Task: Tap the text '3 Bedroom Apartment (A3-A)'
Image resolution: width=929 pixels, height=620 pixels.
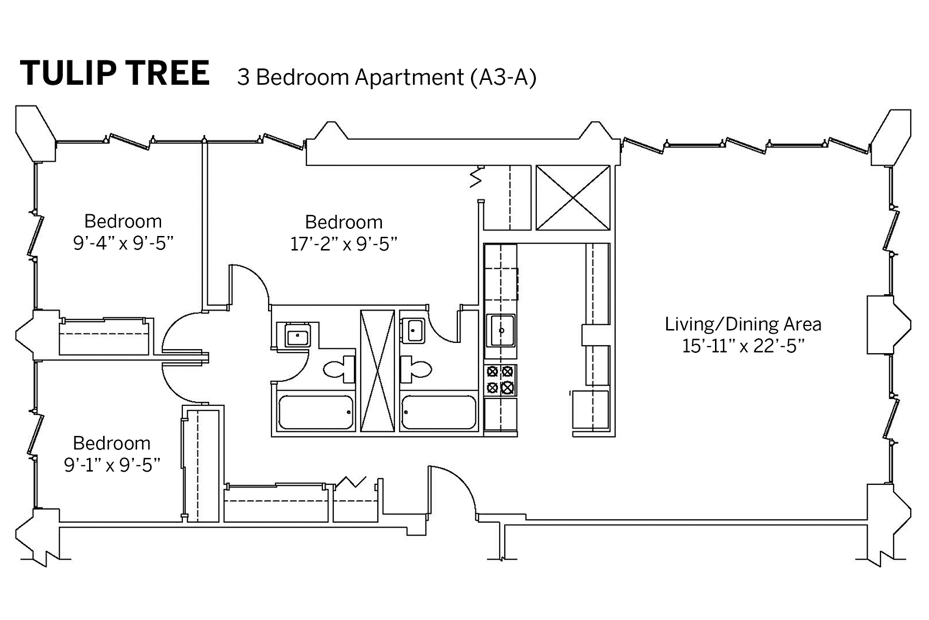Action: click(x=387, y=77)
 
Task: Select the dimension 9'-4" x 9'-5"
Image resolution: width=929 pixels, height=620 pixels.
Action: click(x=123, y=244)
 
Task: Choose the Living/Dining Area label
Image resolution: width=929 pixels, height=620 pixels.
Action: click(x=743, y=324)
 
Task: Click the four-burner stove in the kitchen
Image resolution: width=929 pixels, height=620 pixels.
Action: click(x=500, y=380)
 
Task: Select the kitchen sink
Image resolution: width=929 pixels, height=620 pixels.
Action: click(x=501, y=330)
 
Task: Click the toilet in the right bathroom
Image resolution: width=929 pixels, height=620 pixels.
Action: click(x=416, y=369)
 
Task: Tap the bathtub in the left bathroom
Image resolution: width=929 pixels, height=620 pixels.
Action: click(x=315, y=412)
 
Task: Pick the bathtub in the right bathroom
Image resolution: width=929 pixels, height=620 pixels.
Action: click(x=438, y=412)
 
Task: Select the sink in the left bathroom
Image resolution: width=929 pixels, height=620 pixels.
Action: click(x=297, y=335)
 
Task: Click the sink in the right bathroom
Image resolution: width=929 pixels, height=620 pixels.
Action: click(x=413, y=330)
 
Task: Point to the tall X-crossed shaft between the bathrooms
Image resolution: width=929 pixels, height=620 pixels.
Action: click(x=377, y=371)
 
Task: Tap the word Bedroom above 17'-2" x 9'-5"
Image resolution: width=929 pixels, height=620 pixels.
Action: click(x=344, y=222)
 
